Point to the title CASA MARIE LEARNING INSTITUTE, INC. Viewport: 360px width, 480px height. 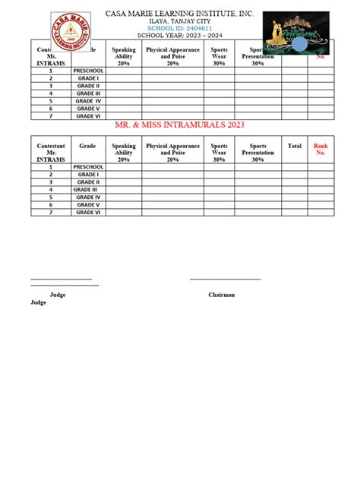pos(179,13)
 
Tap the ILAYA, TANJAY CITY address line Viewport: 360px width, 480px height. pos(179,21)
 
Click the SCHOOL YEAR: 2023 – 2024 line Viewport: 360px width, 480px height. pos(179,36)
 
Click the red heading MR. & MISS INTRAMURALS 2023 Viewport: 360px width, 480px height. pos(179,125)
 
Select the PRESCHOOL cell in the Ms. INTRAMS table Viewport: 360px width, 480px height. pos(89,70)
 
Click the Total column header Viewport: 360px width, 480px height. pos(294,146)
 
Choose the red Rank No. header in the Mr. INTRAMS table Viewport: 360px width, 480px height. pos(320,149)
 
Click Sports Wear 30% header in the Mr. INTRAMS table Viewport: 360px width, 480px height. pos(219,153)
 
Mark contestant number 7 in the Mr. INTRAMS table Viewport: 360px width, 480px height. pos(51,213)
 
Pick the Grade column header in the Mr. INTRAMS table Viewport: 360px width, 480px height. pos(87,146)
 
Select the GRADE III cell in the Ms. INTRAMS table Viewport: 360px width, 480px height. pos(87,93)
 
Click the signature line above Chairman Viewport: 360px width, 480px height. pos(225,279)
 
